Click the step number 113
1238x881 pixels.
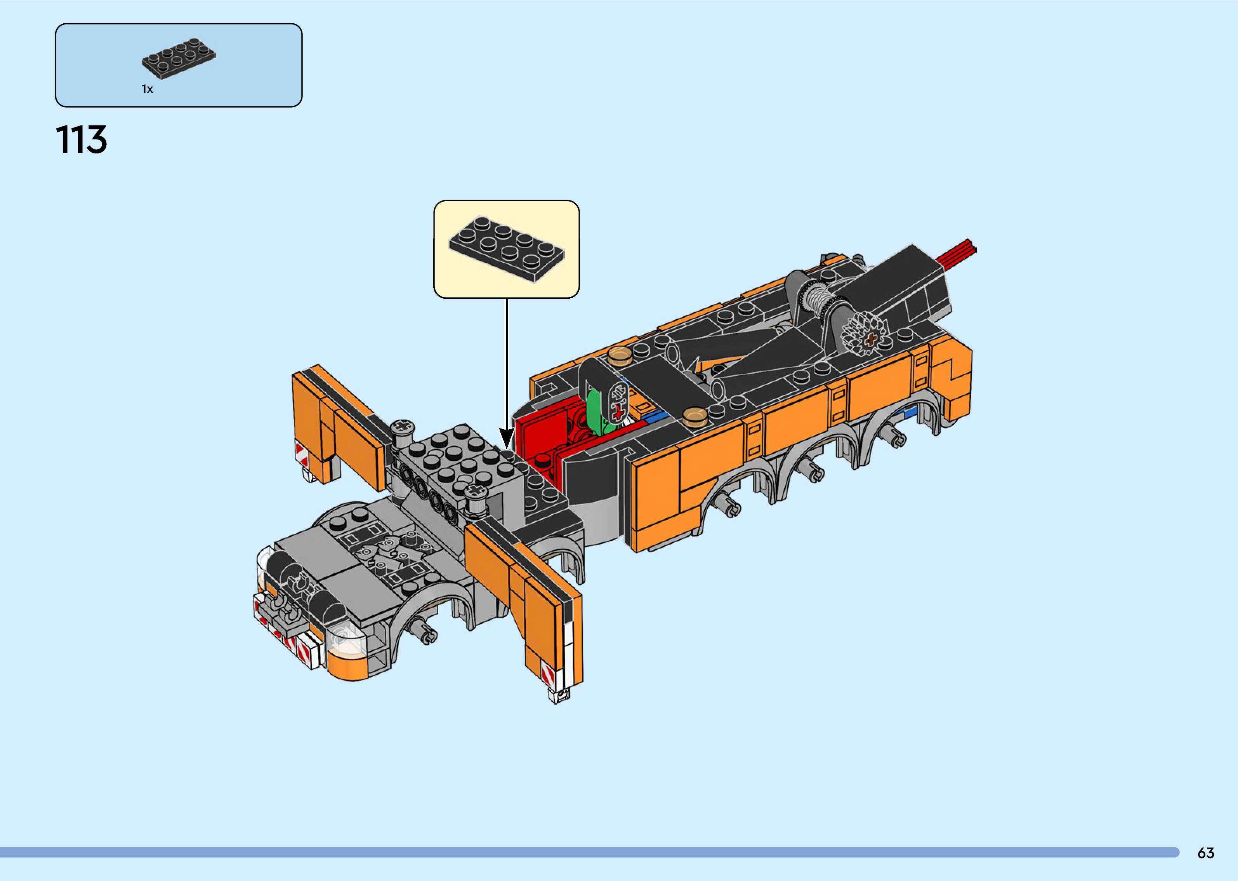(81, 139)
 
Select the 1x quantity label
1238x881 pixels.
(148, 89)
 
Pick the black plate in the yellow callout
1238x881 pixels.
(507, 249)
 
